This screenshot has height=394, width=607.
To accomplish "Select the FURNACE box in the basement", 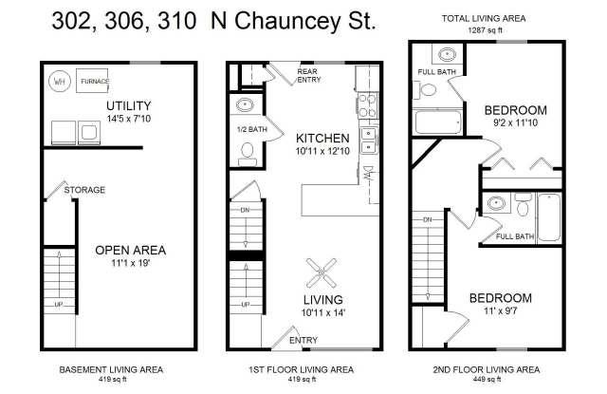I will (x=94, y=82).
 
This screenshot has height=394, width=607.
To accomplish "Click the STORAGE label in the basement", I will (x=84, y=190).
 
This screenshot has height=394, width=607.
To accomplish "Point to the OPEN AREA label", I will (x=131, y=251).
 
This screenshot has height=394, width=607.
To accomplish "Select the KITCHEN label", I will (x=324, y=137).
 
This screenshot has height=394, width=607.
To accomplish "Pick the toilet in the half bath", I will (x=248, y=152).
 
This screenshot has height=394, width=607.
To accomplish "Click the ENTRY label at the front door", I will (x=303, y=339).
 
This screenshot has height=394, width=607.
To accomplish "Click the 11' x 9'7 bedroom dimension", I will (x=501, y=311).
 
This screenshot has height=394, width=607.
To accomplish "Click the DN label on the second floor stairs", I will (x=428, y=220).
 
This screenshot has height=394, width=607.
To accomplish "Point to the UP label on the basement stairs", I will (x=60, y=304).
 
